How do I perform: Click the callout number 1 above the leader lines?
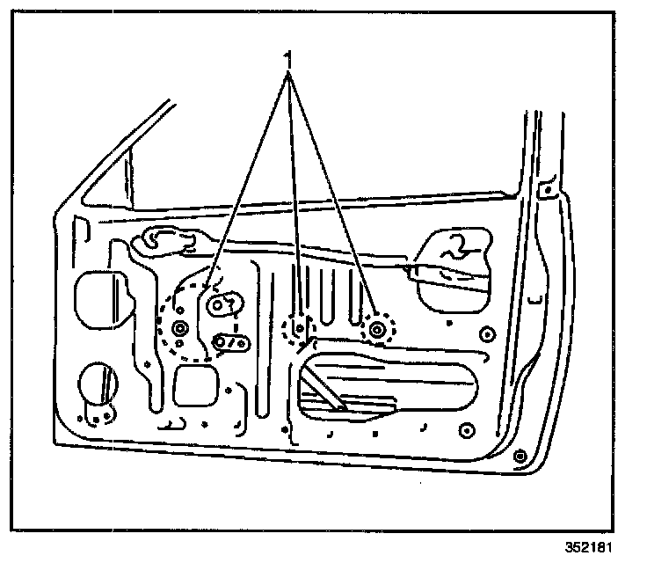[x=287, y=59]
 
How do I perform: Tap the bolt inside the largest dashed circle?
[x=181, y=329]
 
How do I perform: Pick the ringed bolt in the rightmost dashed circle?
[x=378, y=329]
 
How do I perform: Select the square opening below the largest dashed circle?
[x=196, y=384]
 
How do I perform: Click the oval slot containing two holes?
[x=232, y=341]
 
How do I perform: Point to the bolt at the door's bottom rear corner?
[x=519, y=456]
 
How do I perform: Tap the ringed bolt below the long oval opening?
[x=466, y=430]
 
